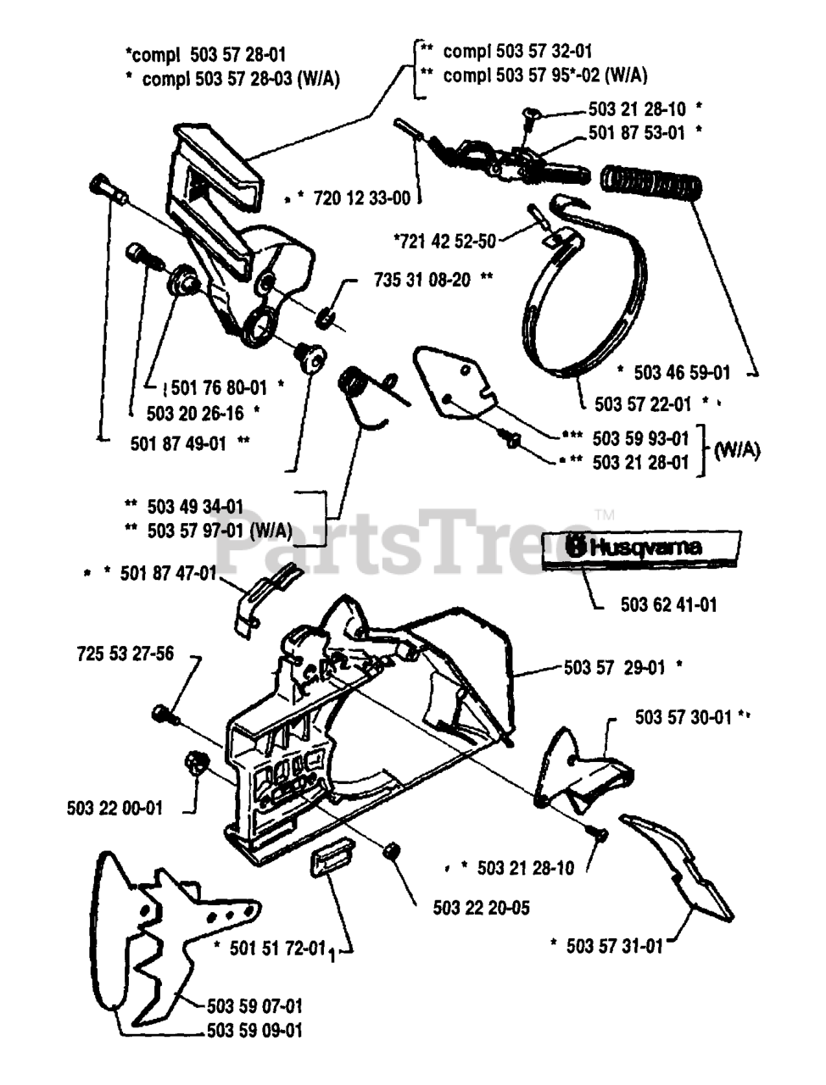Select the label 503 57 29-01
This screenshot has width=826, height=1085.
(615, 667)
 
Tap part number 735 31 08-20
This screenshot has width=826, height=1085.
(421, 281)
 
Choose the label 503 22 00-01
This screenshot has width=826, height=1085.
(114, 808)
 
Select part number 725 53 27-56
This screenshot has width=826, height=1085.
(125, 654)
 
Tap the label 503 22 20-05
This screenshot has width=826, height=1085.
(481, 908)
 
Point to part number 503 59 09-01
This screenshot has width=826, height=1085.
(254, 1031)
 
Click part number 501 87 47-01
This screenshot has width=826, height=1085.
(169, 574)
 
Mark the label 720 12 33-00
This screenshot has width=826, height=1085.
(361, 198)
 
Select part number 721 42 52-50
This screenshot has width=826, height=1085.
(445, 241)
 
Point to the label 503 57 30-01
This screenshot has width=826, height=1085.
(683, 717)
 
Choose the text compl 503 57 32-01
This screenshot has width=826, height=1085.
(517, 52)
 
